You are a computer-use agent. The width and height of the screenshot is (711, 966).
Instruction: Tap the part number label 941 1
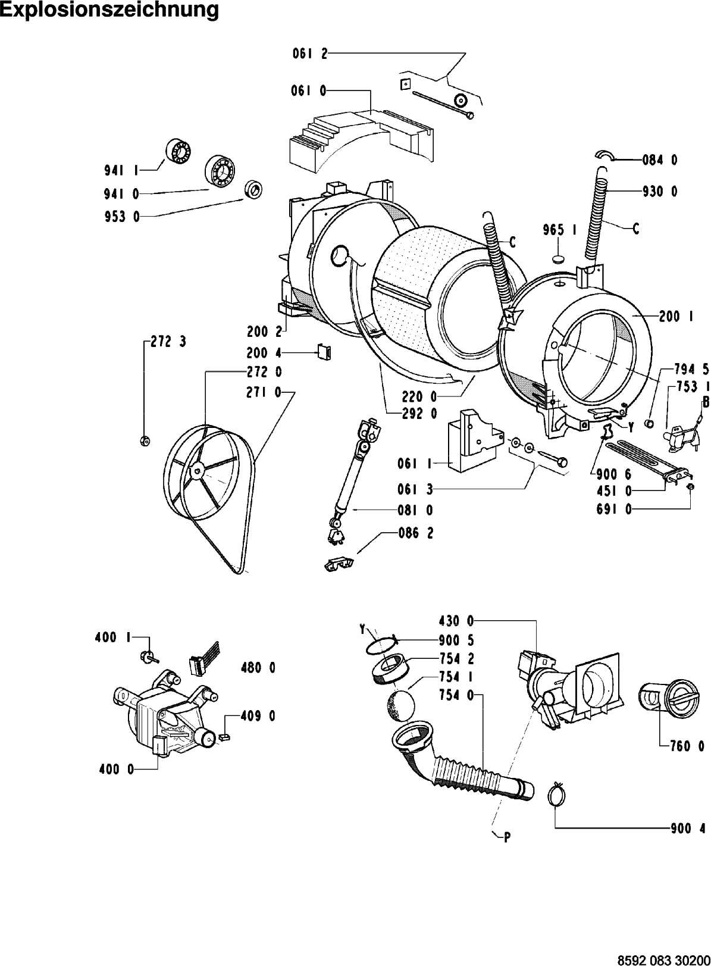pos(121,171)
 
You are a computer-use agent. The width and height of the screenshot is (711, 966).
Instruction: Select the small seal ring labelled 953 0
pos(254,189)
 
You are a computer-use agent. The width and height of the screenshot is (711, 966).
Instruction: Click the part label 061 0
pos(309,92)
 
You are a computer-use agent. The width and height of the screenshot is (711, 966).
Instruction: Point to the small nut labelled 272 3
pos(145,441)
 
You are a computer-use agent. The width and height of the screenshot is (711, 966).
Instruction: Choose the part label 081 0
pos(415,510)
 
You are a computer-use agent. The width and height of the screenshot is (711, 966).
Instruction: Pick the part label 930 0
pos(660,192)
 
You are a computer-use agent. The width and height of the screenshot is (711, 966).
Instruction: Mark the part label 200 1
pos(676,317)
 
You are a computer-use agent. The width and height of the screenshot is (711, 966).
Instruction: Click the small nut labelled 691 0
pos(689,487)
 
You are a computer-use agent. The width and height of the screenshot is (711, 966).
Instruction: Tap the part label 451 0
pos(614,491)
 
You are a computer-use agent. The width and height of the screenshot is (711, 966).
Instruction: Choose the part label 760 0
pos(687,746)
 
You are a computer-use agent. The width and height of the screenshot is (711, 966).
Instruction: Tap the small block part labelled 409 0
pos(224,737)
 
